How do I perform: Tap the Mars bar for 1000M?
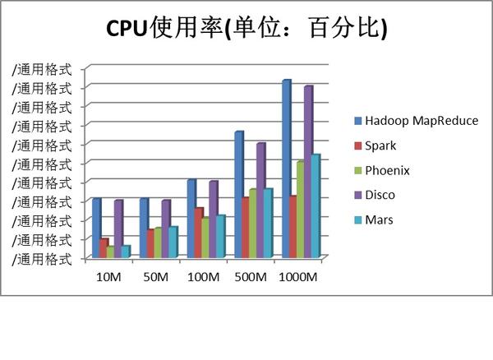315,205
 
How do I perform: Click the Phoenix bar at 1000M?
301,210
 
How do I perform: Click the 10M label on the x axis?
108,277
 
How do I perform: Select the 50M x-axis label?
156,277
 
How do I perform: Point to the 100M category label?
204,277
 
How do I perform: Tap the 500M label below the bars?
251,277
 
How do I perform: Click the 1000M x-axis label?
298,277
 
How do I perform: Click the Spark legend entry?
380,145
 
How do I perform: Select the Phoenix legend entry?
387,170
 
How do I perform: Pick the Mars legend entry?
379,219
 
